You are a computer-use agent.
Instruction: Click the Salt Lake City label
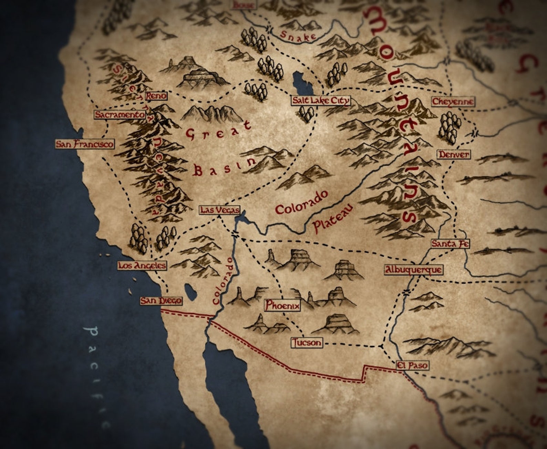pos(320,101)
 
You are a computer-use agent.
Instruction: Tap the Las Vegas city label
pos(219,210)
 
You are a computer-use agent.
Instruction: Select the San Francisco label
pos(85,144)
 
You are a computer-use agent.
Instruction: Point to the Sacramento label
pos(120,115)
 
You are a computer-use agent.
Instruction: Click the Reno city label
pos(156,96)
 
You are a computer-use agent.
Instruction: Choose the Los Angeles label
pos(142,265)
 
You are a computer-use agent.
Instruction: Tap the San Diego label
pos(161,301)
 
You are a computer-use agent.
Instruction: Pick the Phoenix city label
pos(282,305)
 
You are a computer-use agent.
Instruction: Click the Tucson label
pos(307,343)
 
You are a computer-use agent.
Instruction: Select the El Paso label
pos(412,365)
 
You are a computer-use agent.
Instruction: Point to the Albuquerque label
pos(413,269)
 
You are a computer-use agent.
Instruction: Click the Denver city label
pos(454,154)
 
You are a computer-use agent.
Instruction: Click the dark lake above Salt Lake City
pos(299,84)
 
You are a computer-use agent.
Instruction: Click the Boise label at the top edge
pos(244,4)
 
